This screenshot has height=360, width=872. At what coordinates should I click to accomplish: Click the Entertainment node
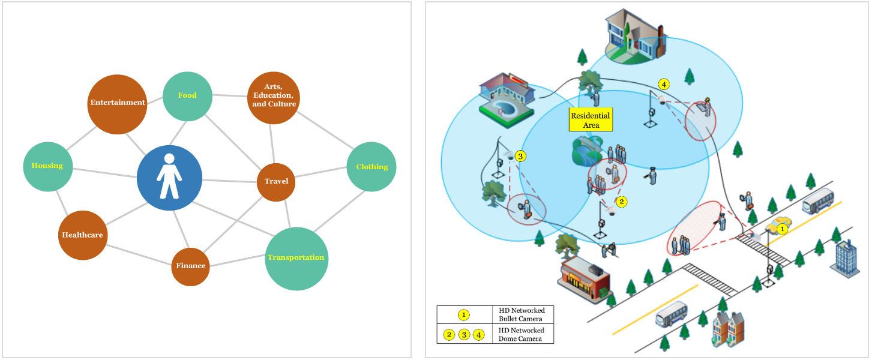pyautogui.click(x=117, y=104)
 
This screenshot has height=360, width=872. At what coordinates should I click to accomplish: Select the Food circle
pyautogui.click(x=188, y=96)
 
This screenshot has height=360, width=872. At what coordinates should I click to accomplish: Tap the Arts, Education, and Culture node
pyautogui.click(x=274, y=97)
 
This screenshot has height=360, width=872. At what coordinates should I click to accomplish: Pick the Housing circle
pyautogui.click(x=47, y=166)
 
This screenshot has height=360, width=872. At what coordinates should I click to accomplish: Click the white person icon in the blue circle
pyautogui.click(x=169, y=177)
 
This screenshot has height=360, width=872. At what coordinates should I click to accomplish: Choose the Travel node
pyautogui.click(x=276, y=182)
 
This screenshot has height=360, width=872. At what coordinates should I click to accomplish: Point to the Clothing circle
pyautogui.click(x=371, y=167)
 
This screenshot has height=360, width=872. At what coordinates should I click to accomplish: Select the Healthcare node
pyautogui.click(x=83, y=235)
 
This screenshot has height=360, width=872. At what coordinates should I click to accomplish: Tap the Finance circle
pyautogui.click(x=190, y=266)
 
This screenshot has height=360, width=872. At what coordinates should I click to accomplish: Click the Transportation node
pyautogui.click(x=296, y=258)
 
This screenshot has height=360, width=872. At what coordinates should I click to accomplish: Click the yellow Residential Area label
pyautogui.click(x=591, y=120)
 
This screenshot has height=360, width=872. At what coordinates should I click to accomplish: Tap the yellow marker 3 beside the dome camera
pyautogui.click(x=520, y=156)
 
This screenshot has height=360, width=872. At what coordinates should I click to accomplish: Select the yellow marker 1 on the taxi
pyautogui.click(x=782, y=228)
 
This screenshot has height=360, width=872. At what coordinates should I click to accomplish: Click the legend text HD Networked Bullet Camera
pyautogui.click(x=522, y=314)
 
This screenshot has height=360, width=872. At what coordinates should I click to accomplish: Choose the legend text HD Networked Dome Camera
pyautogui.click(x=522, y=335)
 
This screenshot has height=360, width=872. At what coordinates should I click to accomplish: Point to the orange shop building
pyautogui.click(x=583, y=279)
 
